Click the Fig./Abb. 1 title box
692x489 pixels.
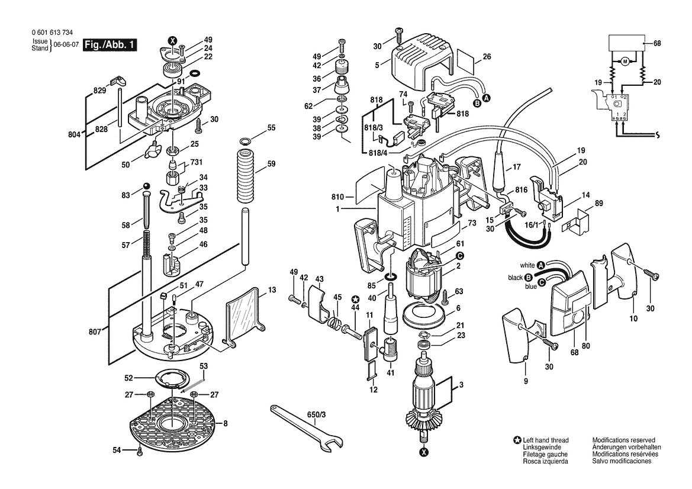[110, 44]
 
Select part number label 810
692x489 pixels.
[338, 197]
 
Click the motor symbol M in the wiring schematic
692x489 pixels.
[625, 62]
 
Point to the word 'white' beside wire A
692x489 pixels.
[527, 265]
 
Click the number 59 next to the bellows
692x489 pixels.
[271, 164]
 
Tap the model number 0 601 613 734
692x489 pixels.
[52, 33]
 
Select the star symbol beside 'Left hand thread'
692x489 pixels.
[518, 440]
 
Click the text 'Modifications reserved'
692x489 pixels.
[623, 440]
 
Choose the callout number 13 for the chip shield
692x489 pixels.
[272, 290]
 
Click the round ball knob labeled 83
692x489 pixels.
[146, 185]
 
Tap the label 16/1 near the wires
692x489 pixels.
[532, 225]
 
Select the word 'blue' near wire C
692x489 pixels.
[531, 287]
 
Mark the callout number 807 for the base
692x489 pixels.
[95, 332]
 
